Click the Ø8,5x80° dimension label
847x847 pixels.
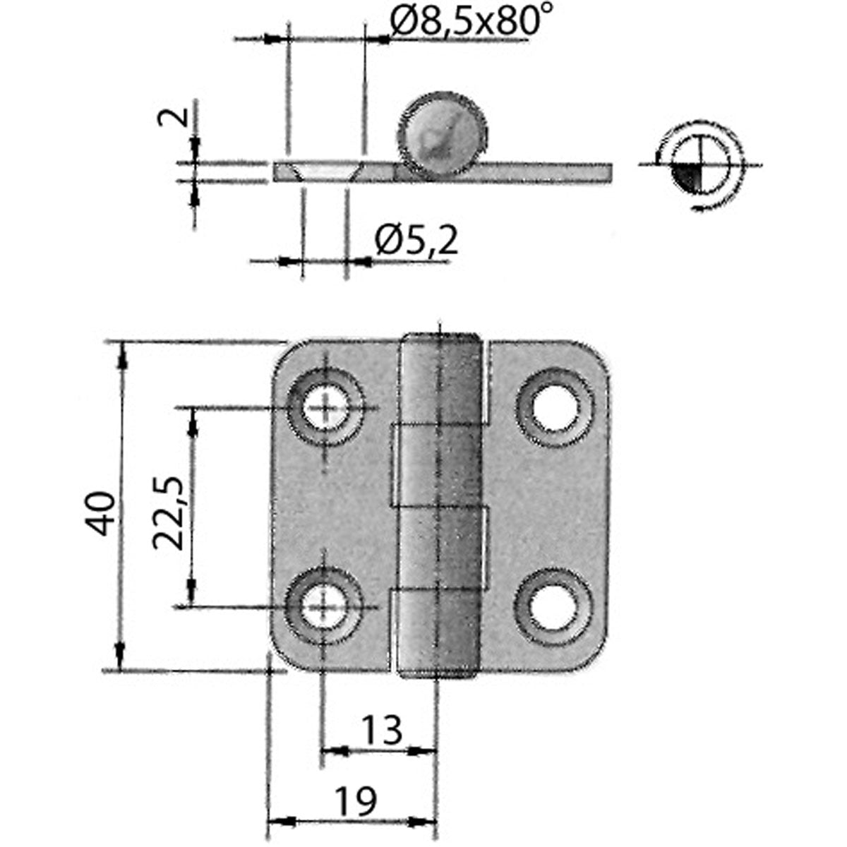469,23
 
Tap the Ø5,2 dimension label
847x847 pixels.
416,241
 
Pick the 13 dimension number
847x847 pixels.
381,730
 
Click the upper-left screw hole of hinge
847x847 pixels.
326,407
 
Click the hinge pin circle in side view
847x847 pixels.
442,134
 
